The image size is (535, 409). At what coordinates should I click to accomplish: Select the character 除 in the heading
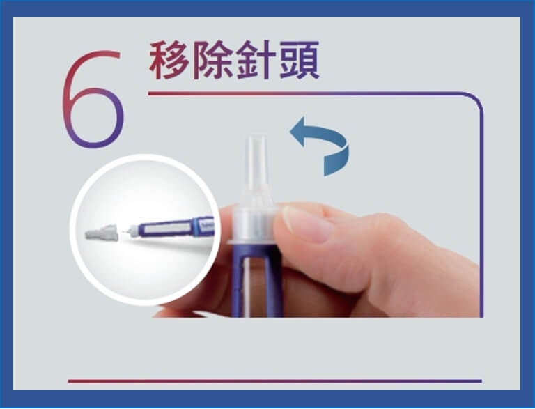click(x=215, y=62)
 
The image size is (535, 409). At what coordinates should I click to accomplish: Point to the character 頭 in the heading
click(x=300, y=62)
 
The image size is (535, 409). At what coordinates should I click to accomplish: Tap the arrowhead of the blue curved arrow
click(x=300, y=132)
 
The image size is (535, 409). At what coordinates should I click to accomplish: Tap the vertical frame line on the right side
click(x=481, y=209)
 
